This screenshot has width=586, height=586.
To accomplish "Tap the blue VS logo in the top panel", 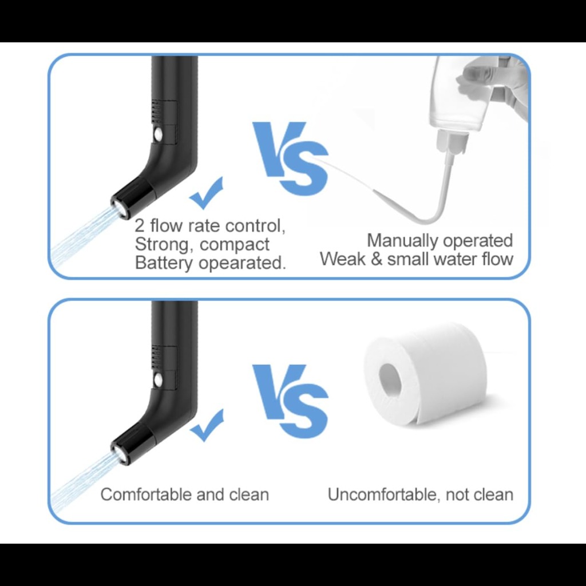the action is tap(290, 158).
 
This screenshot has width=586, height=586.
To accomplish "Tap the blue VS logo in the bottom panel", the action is tap(290, 401).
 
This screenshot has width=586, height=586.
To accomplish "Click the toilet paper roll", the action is tap(426, 374).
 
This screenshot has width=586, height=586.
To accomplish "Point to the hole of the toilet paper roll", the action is tap(390, 381).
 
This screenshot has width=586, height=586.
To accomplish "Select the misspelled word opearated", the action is tap(242, 263).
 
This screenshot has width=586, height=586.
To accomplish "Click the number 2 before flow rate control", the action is tap(140, 225).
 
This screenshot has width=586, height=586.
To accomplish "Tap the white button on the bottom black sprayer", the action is tap(158, 380).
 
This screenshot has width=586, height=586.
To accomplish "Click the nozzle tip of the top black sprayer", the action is tap(120, 207).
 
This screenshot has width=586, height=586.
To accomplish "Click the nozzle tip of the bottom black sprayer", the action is tap(120, 453).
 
